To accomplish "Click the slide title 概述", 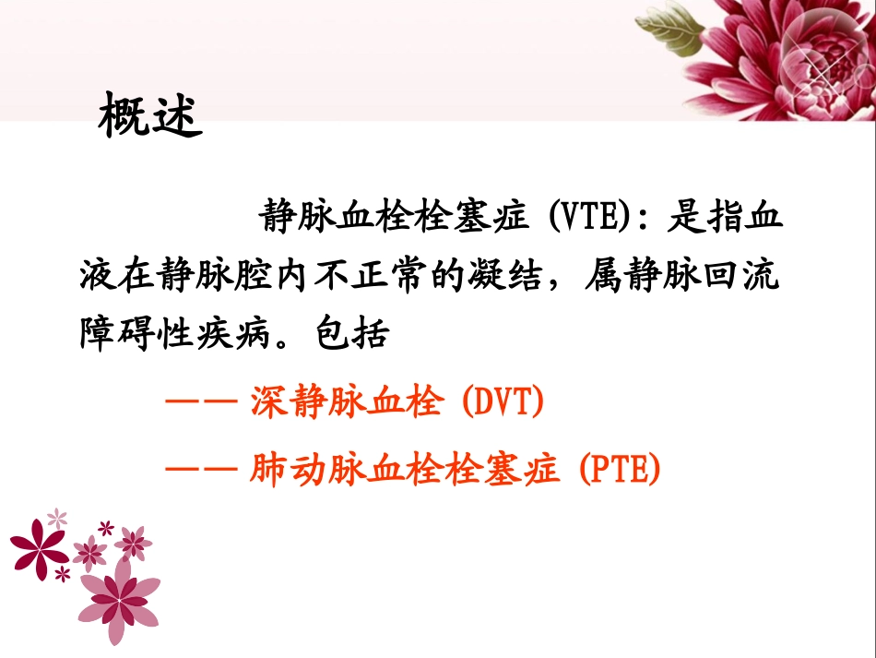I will [x=149, y=115].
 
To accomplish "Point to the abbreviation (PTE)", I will [x=621, y=471].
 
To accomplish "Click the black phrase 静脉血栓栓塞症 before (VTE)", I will [x=394, y=219].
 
